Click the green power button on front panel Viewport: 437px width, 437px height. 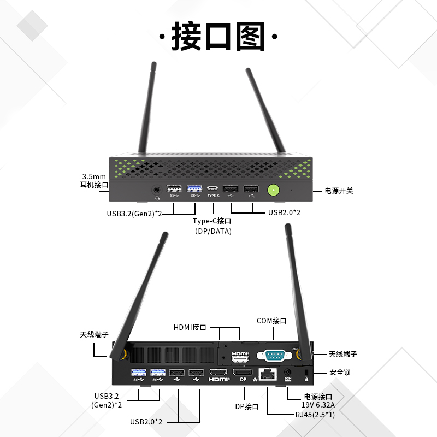273,190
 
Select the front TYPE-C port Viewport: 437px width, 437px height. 213,190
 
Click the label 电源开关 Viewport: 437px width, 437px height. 339,191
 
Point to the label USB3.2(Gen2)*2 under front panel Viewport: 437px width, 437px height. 134,213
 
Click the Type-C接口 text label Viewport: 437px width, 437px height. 212,221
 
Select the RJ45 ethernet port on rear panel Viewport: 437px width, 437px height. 268,374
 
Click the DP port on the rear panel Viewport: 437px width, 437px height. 243,373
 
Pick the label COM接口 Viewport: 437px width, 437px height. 271,321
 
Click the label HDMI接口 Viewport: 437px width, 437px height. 190,328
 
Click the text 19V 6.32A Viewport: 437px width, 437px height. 318,405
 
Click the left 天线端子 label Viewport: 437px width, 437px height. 94,334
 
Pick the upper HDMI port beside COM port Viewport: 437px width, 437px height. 240,356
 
